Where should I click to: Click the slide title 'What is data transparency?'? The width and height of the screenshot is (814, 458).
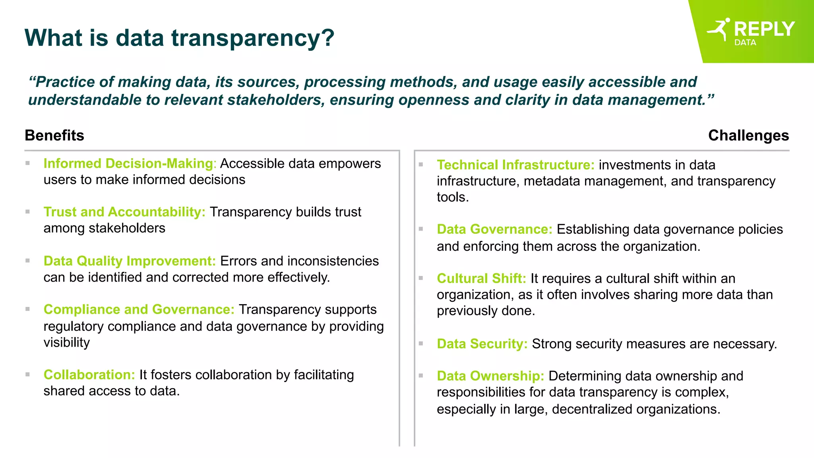tap(179, 38)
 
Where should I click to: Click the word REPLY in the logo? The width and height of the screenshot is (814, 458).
tap(764, 29)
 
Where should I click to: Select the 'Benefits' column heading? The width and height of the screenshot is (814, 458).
tap(54, 136)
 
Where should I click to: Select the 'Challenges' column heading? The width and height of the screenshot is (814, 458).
tap(748, 136)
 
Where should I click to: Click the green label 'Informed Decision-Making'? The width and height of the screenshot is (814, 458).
tap(128, 163)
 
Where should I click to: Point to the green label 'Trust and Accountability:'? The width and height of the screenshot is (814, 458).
tap(124, 212)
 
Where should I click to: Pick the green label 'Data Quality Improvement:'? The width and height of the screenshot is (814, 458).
tap(130, 261)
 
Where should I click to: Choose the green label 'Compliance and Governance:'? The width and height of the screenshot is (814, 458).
tap(139, 309)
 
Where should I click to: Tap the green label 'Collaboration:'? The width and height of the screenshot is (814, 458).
tap(89, 375)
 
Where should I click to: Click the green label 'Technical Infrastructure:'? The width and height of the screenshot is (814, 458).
tap(516, 165)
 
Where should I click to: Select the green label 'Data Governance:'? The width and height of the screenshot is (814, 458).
tap(494, 229)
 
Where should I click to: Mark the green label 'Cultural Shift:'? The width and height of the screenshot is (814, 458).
tap(481, 278)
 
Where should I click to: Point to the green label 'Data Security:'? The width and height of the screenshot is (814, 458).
tap(482, 343)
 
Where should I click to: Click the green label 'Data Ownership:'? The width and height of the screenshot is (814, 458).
tap(490, 376)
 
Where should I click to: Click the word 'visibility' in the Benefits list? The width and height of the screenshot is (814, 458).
tap(67, 342)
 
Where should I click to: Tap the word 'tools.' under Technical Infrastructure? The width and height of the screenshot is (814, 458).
tap(453, 197)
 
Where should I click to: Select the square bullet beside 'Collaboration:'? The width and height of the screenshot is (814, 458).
tap(27, 374)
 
